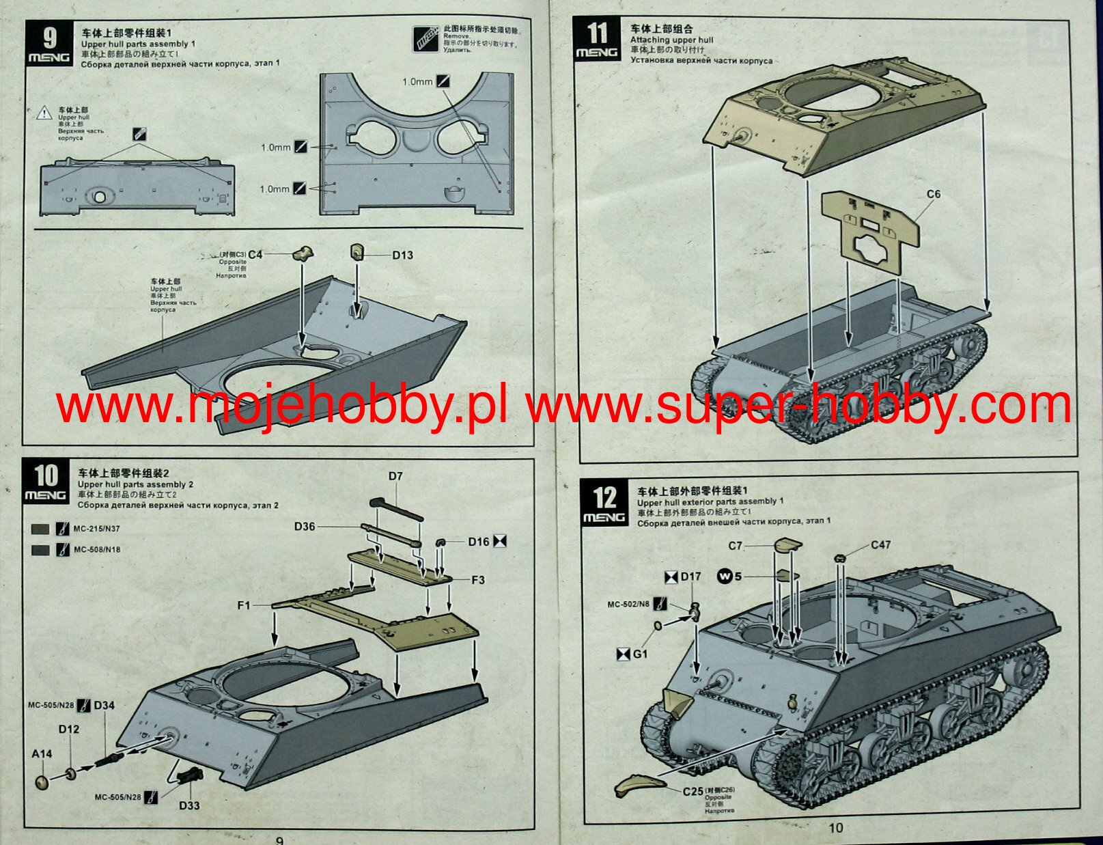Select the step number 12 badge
(604, 504)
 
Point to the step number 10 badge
(46, 481)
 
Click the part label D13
(402, 255)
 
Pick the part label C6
(934, 194)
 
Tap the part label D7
(395, 476)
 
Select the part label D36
(305, 526)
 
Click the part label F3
(477, 580)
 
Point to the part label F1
(244, 605)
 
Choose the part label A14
(42, 753)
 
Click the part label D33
(189, 805)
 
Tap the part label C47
(881, 545)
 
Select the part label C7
(735, 546)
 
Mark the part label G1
(640, 654)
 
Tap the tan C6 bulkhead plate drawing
(869, 232)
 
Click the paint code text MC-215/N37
(96, 529)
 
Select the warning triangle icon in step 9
(44, 113)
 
